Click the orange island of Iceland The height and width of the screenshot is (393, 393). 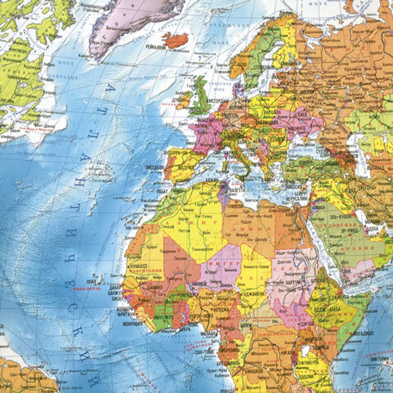pyautogui.click(x=175, y=40)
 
